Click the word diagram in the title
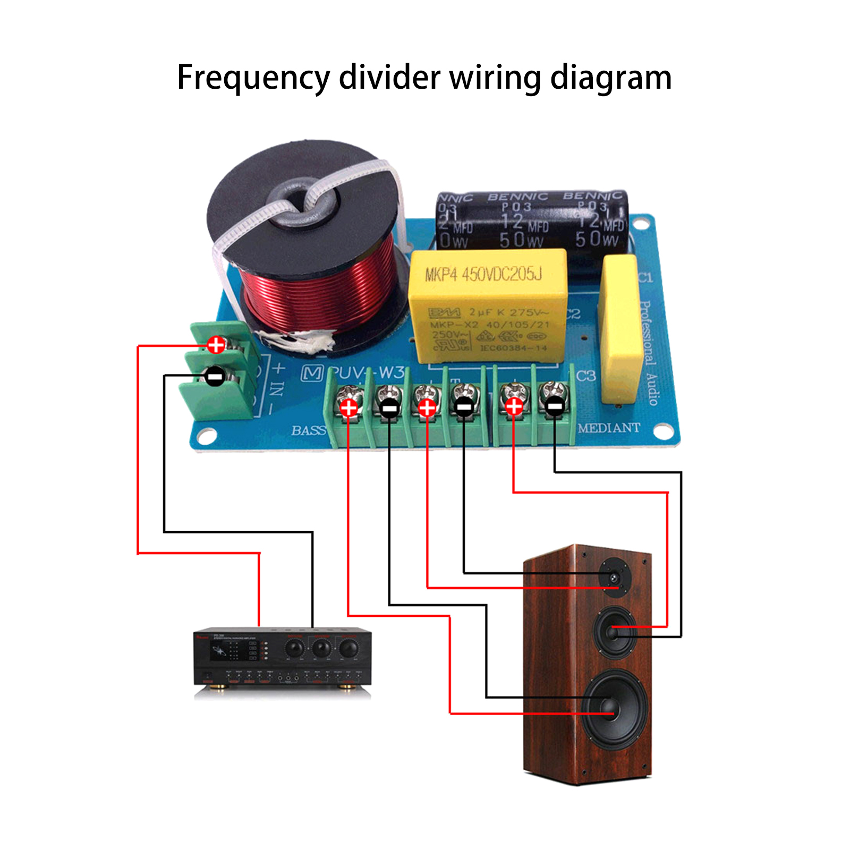coord(610,78)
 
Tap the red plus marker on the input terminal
coord(216,345)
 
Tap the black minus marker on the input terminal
coord(215,377)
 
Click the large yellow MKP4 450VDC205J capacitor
coord(487,305)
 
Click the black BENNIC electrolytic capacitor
coord(531,220)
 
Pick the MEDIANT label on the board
coord(609,428)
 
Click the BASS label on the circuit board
coord(308,430)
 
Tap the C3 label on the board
coord(586,376)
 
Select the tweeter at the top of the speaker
coord(615,577)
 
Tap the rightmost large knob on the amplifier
coord(348,648)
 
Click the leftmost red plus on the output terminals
coord(348,408)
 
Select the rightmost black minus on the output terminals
coord(554,407)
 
